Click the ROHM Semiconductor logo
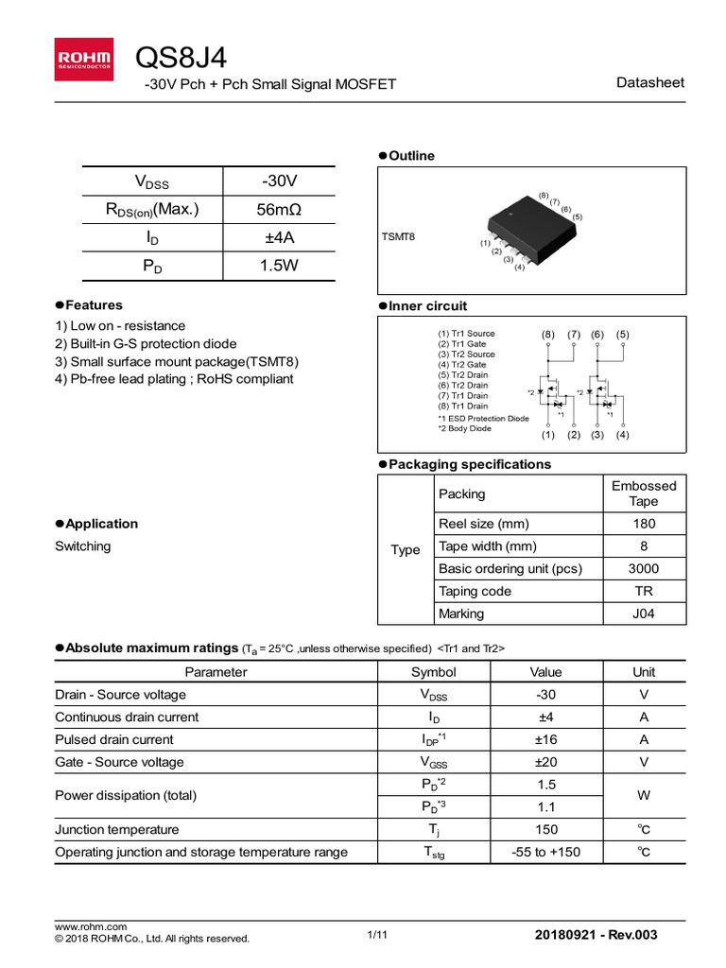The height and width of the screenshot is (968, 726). click(x=84, y=59)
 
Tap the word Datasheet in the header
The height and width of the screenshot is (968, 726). click(x=649, y=83)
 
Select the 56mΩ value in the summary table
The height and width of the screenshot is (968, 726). click(x=279, y=209)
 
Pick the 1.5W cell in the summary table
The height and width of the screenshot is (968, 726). click(x=279, y=266)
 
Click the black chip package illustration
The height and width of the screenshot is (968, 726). click(x=532, y=230)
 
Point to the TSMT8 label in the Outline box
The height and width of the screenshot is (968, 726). click(x=398, y=236)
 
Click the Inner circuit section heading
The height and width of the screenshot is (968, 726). click(x=427, y=306)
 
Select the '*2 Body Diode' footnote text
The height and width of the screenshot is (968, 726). click(x=464, y=428)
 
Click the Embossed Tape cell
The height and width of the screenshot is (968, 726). click(x=644, y=493)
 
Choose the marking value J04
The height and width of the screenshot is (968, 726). click(x=644, y=614)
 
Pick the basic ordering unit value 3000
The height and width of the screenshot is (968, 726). click(x=644, y=568)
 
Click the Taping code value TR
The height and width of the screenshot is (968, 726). click(x=644, y=591)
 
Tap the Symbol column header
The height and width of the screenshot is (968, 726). click(x=433, y=672)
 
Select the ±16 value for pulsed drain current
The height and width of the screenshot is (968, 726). click(x=545, y=739)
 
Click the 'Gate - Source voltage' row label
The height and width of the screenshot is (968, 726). click(x=119, y=762)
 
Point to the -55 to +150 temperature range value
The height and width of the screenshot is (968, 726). click(x=545, y=852)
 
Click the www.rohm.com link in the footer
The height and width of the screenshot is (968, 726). click(x=91, y=926)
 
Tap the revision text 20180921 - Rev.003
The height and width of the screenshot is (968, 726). click(x=596, y=935)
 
